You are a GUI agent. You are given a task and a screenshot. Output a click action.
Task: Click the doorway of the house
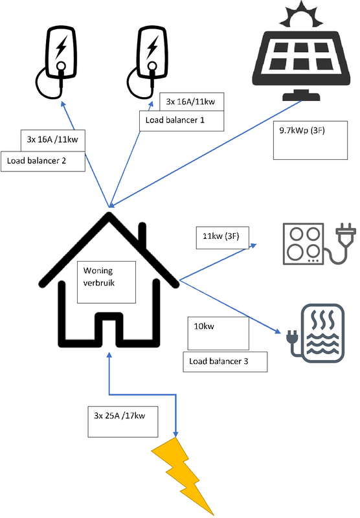(x=108, y=330)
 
